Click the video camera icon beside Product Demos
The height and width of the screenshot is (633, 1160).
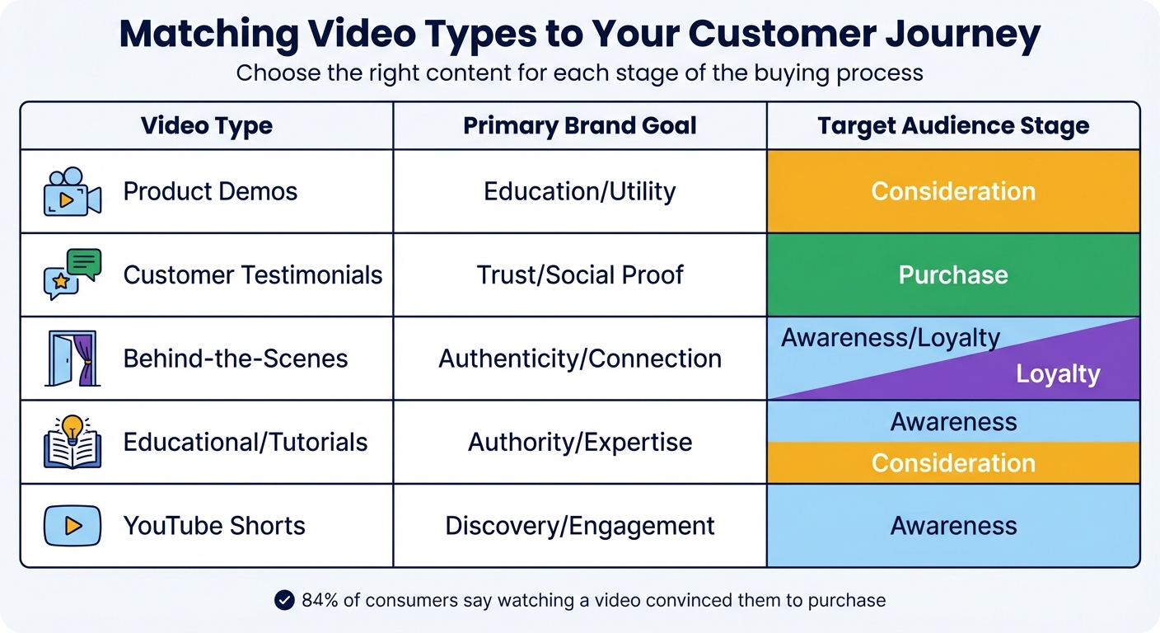point(72,192)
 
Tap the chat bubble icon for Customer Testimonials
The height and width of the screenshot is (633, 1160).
point(72,274)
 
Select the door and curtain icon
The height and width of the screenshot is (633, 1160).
point(72,359)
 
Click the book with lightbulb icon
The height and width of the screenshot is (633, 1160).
point(72,442)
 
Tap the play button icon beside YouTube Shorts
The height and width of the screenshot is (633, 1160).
point(72,526)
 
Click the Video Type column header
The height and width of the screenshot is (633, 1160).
point(206,126)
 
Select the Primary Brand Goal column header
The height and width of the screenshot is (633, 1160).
point(580,126)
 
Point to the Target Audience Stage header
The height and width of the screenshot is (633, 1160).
point(953,126)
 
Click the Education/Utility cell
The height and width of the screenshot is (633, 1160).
point(580,192)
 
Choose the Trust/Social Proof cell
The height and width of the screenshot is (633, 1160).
point(580,274)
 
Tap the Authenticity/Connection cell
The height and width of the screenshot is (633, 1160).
point(580,359)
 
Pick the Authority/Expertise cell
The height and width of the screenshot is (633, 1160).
point(580,442)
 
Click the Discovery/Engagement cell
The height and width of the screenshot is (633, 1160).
point(580,526)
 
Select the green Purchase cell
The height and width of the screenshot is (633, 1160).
point(953,274)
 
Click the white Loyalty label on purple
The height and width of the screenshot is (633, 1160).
point(1058,374)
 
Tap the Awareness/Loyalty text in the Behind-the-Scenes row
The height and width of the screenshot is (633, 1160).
point(891,338)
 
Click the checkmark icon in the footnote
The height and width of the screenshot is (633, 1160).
point(284,600)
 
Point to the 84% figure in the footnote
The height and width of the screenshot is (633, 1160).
point(320,600)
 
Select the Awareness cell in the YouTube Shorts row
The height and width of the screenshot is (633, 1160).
point(953,526)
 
